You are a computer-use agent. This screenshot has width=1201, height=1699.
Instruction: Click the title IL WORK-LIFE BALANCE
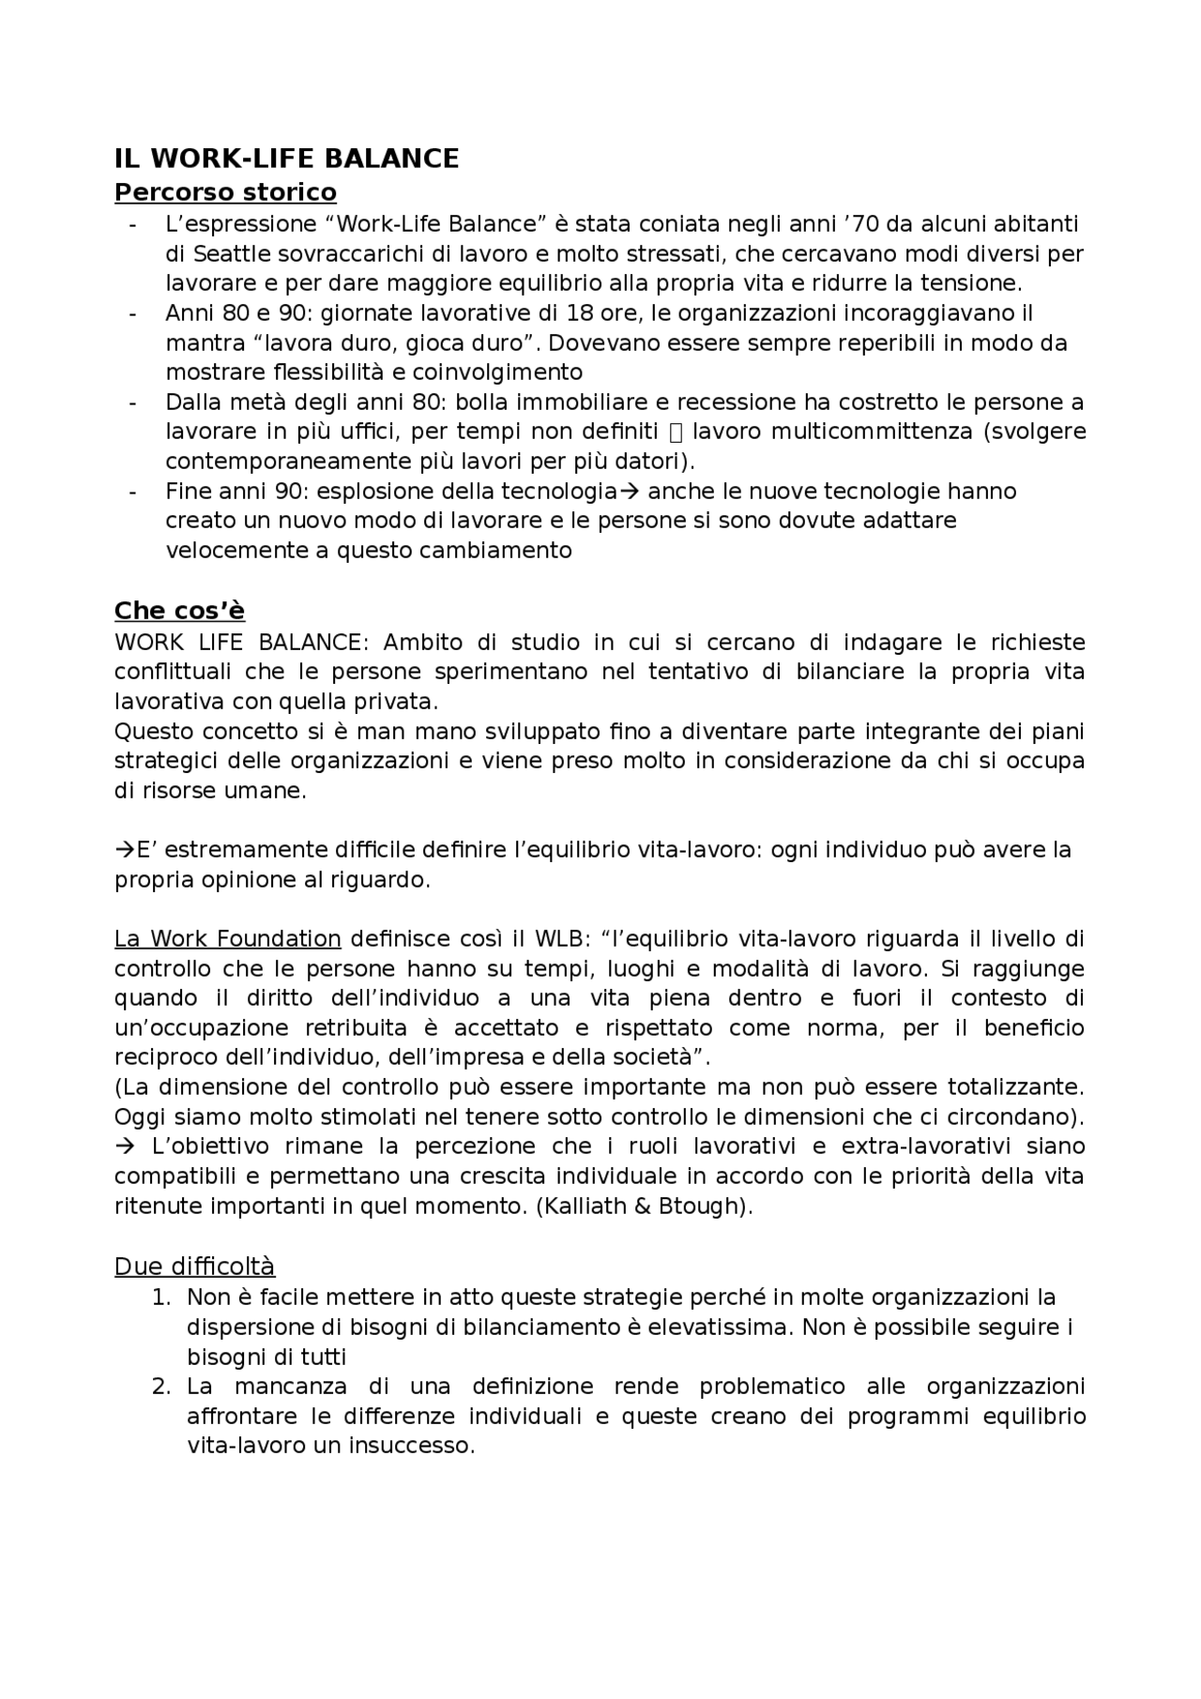(x=286, y=159)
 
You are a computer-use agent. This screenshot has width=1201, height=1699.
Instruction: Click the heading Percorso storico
(x=225, y=192)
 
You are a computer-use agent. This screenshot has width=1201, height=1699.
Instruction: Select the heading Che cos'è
(x=179, y=611)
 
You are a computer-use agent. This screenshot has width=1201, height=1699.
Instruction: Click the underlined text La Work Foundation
(x=227, y=939)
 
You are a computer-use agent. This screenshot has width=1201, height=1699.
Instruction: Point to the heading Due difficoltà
(x=194, y=1267)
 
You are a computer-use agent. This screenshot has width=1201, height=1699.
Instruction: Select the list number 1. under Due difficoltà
(x=161, y=1297)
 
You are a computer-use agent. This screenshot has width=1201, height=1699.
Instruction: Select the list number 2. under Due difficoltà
(x=161, y=1387)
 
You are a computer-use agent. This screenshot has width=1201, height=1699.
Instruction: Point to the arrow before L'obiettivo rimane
(x=124, y=1146)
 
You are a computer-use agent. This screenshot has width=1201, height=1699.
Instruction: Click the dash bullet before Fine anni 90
(x=133, y=492)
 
